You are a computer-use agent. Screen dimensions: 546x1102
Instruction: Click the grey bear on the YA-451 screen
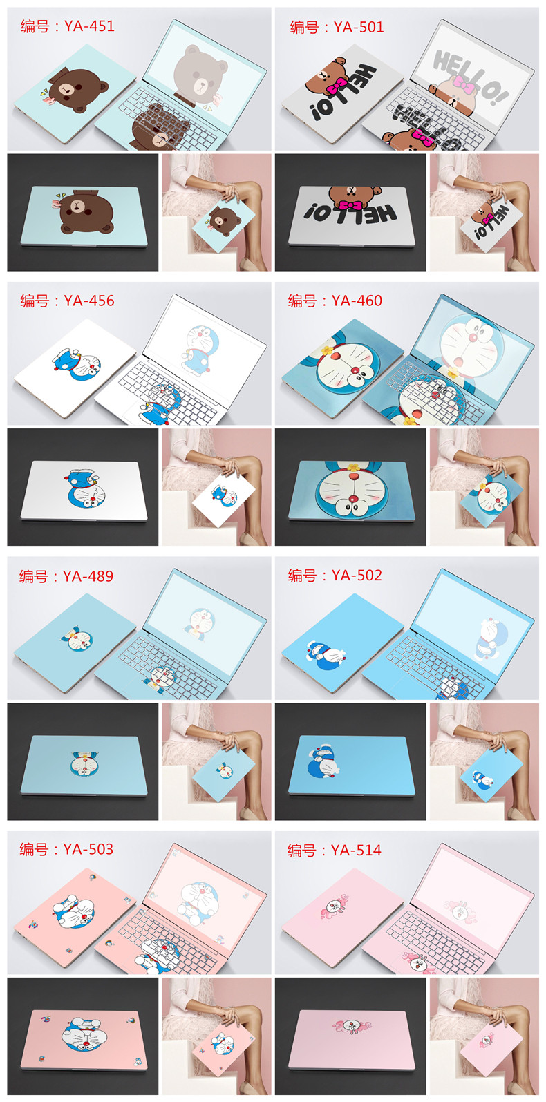[x=200, y=75]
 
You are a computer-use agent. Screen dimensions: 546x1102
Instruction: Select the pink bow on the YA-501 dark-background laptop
[x=352, y=205]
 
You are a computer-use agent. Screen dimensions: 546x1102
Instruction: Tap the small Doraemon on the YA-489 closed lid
[x=79, y=640]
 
